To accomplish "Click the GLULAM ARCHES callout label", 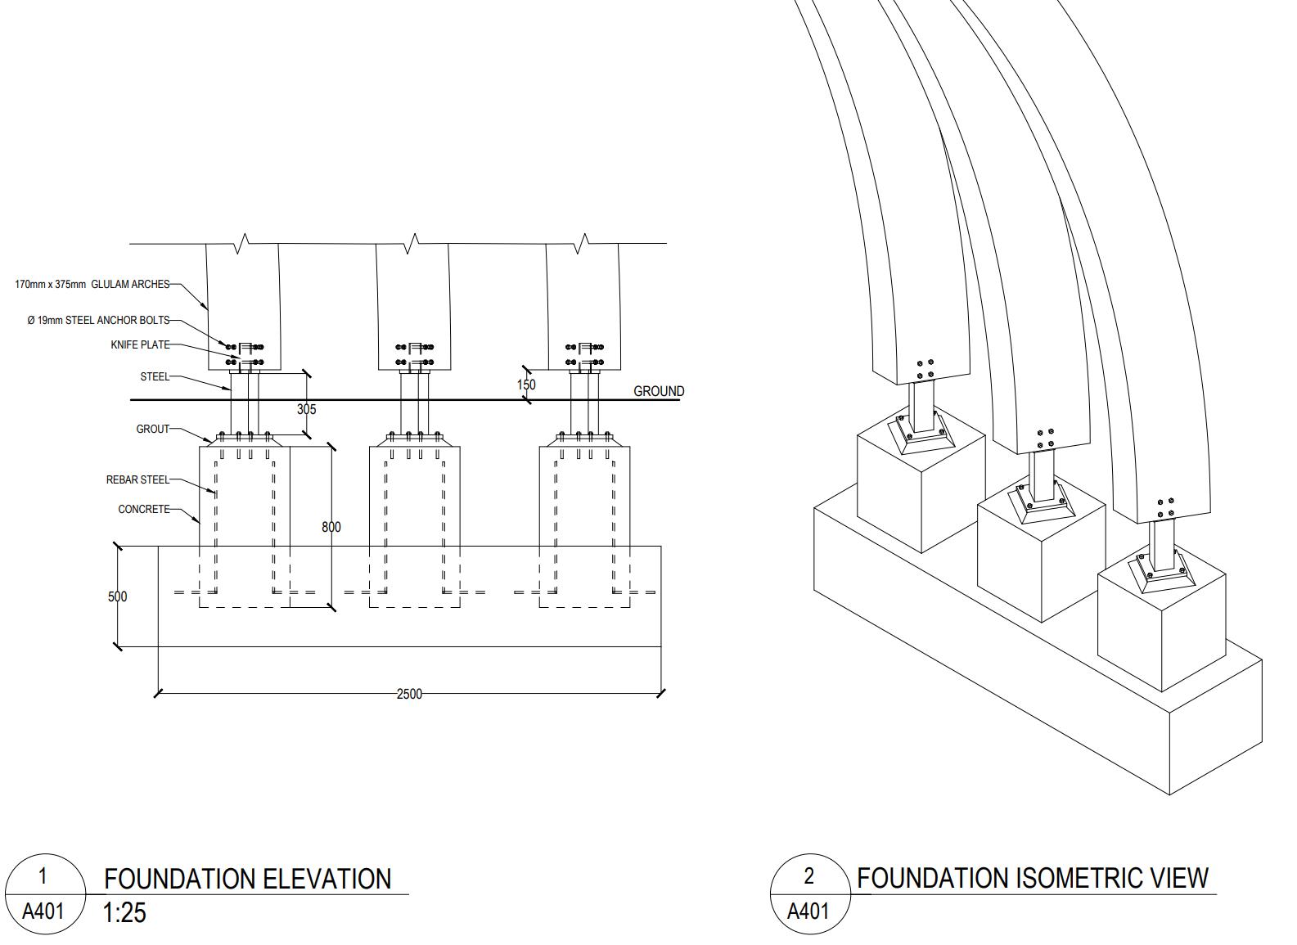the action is click(92, 285).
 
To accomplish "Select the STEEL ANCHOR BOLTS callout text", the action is click(98, 320).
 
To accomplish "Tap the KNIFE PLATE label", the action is click(140, 345).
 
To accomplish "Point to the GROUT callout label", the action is click(152, 429).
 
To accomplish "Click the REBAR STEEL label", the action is click(137, 480).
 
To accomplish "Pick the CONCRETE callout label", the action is click(144, 509).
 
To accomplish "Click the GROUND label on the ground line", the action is click(659, 391).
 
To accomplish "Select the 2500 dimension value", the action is click(409, 694).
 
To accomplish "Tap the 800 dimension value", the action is click(331, 527).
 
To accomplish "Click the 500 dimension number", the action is click(118, 596).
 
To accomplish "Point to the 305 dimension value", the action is click(306, 409).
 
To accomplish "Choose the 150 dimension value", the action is click(526, 385).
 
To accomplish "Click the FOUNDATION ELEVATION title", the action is click(247, 879).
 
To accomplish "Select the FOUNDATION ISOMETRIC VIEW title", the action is click(1032, 878).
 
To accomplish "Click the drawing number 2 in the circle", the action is click(809, 876).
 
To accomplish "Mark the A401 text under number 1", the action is click(43, 911).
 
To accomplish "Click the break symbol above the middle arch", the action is click(412, 243).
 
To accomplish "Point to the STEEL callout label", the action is click(155, 377).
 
